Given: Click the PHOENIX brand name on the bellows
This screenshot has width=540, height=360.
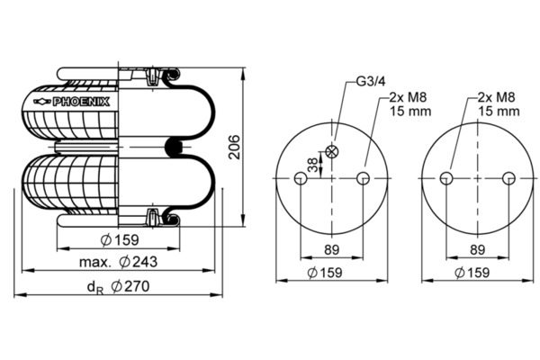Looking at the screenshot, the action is click(81, 102).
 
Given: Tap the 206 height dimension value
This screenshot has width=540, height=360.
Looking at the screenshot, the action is click(235, 147).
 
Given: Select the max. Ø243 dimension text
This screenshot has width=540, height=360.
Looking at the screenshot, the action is click(118, 262).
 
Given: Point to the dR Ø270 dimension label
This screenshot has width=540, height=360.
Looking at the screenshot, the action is click(118, 286).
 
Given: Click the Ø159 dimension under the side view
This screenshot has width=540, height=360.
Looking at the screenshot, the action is click(120, 239).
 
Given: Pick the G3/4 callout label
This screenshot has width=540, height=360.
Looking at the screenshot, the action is click(371, 81).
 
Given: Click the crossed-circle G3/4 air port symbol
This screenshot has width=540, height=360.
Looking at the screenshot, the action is click(332, 151).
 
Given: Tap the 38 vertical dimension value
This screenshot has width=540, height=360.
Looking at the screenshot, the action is click(312, 165).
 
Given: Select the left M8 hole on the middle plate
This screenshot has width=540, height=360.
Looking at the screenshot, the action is click(301, 178).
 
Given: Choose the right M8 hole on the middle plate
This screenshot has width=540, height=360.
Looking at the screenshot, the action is click(363, 178).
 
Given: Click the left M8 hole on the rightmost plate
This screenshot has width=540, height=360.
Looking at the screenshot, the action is click(446, 178).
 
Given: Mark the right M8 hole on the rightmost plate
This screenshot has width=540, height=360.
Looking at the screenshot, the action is click(508, 178).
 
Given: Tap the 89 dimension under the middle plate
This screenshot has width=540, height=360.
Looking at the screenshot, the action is click(331, 250).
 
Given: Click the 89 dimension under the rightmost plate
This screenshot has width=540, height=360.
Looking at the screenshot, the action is click(477, 250).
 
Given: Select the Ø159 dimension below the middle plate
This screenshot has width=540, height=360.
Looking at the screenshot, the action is click(325, 273).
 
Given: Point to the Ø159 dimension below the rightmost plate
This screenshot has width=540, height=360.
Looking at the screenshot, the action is click(472, 273).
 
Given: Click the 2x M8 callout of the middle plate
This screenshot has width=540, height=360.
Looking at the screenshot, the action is click(409, 104).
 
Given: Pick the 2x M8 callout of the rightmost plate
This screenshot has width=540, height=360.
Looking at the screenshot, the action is click(499, 104).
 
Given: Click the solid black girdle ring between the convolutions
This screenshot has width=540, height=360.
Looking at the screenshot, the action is click(174, 147).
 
